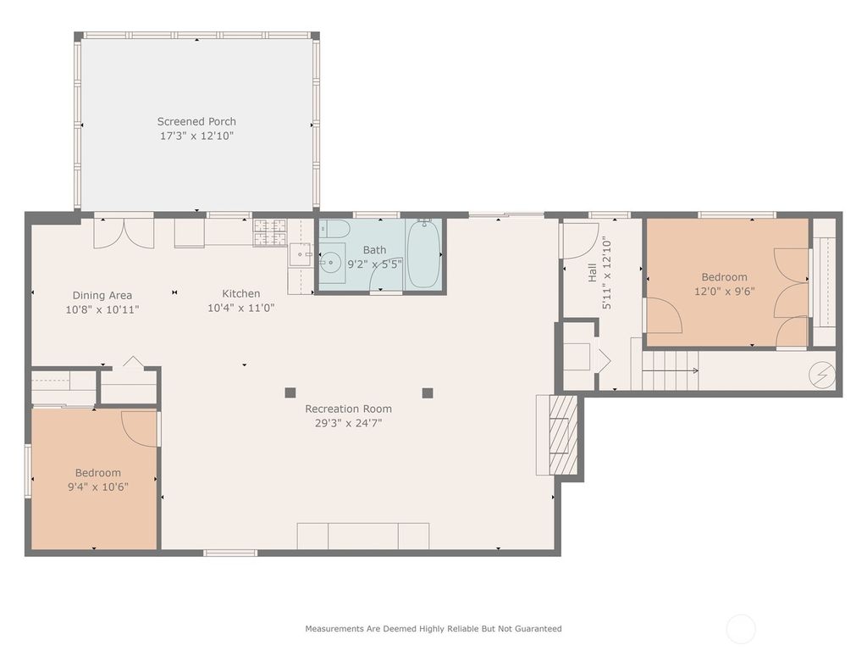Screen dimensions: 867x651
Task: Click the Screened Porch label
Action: [x=196, y=121]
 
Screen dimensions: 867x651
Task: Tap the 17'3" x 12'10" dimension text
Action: [x=196, y=136]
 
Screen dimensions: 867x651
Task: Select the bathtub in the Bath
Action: [x=423, y=254]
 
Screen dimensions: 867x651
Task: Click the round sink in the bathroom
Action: [x=332, y=261]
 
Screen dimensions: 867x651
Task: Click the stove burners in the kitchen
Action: [x=270, y=232]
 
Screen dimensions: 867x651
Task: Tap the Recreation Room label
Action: [x=348, y=409]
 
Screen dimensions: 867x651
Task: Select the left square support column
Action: [x=290, y=393]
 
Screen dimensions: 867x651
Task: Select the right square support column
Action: [x=428, y=393]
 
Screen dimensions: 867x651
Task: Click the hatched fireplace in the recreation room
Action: [x=563, y=435]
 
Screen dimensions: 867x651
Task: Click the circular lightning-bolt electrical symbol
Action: [x=822, y=375]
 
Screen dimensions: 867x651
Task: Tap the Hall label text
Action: [x=592, y=272]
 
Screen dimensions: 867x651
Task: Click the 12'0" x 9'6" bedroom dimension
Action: [x=725, y=292]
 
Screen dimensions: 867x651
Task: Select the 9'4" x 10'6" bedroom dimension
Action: [x=98, y=487]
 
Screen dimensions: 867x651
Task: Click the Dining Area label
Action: [x=102, y=296]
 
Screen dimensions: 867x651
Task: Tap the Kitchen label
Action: [x=241, y=293]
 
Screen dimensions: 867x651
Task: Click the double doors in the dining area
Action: [x=124, y=233]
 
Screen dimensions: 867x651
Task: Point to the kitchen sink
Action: [x=301, y=254]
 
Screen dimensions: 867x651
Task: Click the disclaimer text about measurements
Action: [x=433, y=628]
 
